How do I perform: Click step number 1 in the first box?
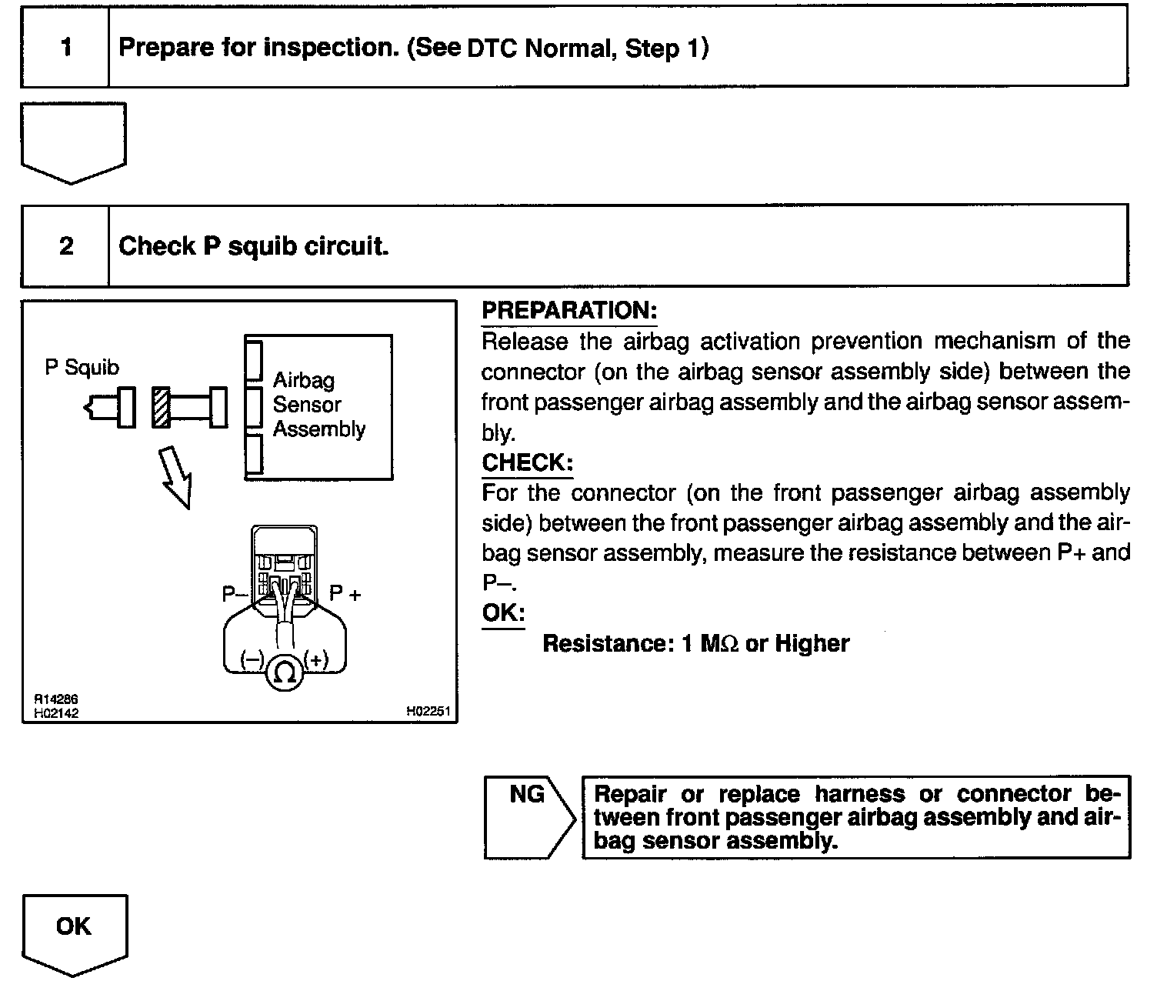tap(66, 48)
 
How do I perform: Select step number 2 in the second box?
tap(66, 246)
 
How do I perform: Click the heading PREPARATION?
tap(569, 311)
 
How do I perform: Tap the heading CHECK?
tap(527, 462)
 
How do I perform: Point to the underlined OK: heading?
tap(503, 613)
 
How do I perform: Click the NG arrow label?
tap(527, 795)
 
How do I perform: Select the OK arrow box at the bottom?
tap(74, 927)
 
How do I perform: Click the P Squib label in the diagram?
tap(82, 368)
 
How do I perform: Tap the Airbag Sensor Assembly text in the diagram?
tap(318, 405)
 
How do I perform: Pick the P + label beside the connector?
tap(345, 593)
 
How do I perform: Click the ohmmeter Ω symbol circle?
tap(284, 674)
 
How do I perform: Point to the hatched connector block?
tap(161, 407)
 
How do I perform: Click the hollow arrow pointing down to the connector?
tap(176, 477)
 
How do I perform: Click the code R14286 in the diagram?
tap(55, 699)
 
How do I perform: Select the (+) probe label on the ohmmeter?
tap(316, 659)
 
